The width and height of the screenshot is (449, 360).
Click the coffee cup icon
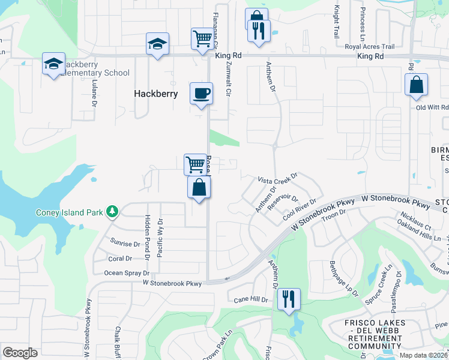pyautogui.click(x=201, y=94)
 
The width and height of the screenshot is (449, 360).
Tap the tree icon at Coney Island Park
pyautogui.click(x=112, y=211)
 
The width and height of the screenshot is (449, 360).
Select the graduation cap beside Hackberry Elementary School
pyautogui.click(x=53, y=64)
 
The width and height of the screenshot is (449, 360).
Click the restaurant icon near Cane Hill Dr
pyautogui.click(x=289, y=298)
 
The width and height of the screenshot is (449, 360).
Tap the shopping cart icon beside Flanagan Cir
pyautogui.click(x=202, y=39)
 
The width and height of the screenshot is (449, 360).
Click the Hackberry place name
pyautogui.click(x=155, y=94)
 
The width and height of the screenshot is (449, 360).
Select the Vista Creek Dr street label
pyautogui.click(x=278, y=179)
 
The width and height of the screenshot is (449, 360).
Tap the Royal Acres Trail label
pyautogui.click(x=369, y=46)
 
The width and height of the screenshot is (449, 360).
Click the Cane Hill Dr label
pyautogui.click(x=250, y=299)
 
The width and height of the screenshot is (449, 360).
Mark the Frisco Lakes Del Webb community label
pyautogui.click(x=374, y=335)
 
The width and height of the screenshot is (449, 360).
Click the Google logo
pyautogui.click(x=20, y=352)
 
